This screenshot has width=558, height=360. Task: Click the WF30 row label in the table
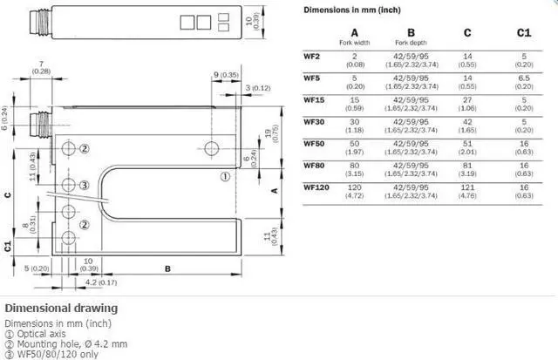[x=313, y=121]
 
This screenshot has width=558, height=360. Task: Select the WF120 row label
[x=316, y=187]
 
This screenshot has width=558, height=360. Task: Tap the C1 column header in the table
[x=523, y=32]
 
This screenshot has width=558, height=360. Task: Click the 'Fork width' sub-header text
[x=354, y=43]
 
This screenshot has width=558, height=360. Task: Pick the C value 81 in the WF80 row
[x=466, y=166]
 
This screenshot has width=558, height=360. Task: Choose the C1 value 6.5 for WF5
[x=523, y=78]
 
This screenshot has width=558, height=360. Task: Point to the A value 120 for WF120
[x=354, y=187]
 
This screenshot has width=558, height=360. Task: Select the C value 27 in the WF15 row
[x=466, y=100]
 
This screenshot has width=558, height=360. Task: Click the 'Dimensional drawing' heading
[x=61, y=308]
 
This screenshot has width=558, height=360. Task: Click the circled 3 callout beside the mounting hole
[x=84, y=185]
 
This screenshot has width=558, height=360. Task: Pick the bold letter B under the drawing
[x=167, y=268]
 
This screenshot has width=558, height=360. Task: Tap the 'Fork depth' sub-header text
[x=410, y=43]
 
